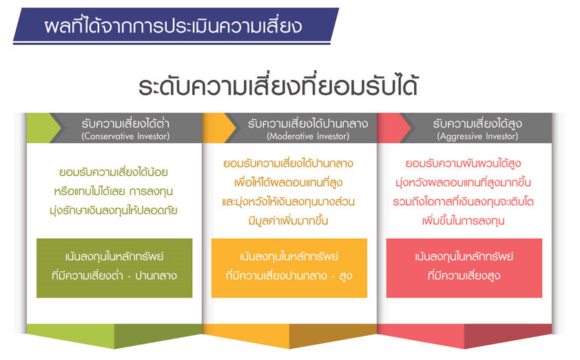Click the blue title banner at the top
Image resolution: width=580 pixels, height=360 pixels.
[x=176, y=25]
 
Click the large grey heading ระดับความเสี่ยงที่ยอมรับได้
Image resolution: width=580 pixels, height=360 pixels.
[x=278, y=87]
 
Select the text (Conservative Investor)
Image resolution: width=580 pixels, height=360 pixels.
[x=125, y=136]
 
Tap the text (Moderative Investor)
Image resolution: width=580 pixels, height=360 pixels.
[x=308, y=136]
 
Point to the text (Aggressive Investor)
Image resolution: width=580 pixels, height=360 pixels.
[x=477, y=136]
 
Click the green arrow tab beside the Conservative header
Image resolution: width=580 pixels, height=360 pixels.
[x=43, y=128]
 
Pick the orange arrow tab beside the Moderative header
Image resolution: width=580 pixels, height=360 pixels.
[x=218, y=128]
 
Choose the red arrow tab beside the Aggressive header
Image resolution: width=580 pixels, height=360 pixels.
[x=393, y=128]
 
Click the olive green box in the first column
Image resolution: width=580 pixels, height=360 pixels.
[x=114, y=268]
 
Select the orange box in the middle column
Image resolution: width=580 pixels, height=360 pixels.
[x=289, y=268]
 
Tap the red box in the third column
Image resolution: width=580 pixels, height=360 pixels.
[x=464, y=268]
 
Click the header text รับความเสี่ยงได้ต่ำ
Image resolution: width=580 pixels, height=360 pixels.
[x=125, y=123]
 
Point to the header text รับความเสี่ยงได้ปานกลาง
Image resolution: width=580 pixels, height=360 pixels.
[x=308, y=123]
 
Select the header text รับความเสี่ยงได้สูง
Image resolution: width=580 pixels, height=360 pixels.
[x=477, y=123]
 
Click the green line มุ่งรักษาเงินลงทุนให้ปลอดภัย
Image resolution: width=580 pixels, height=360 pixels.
[x=114, y=211]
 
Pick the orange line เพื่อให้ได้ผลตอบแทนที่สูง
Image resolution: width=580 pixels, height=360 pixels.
[x=289, y=182]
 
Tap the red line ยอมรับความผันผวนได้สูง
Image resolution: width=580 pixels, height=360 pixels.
[x=463, y=163]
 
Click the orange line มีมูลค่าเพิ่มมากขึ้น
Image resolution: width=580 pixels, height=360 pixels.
[x=289, y=221]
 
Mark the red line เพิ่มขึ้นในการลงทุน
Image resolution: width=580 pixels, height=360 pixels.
[x=463, y=221]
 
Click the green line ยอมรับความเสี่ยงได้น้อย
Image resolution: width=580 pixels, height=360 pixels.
[x=114, y=172]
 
